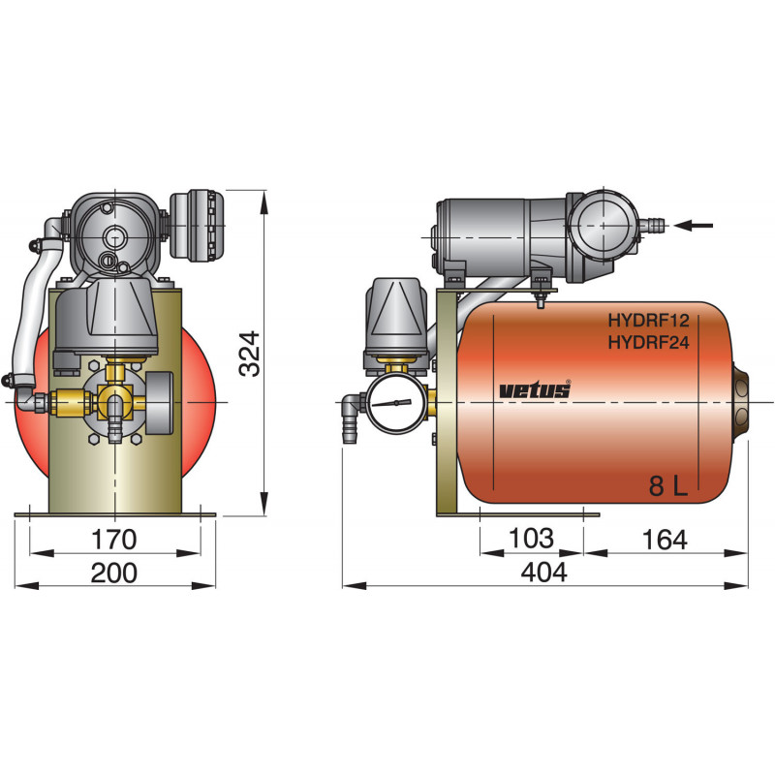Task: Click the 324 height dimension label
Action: [250, 356]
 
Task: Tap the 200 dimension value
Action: [113, 573]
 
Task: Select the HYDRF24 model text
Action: [647, 341]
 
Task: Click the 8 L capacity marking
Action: [667, 488]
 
